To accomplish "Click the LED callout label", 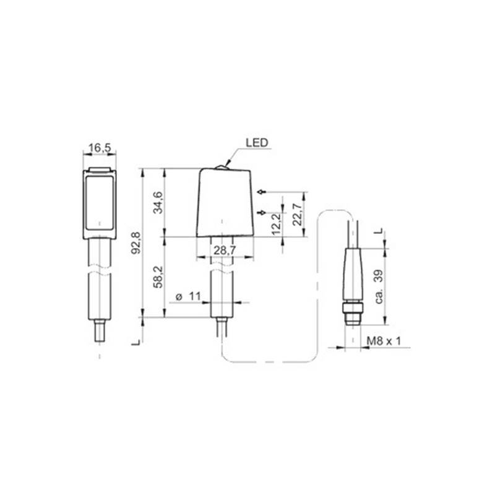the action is point(257,143).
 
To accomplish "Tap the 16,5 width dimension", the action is point(100,148).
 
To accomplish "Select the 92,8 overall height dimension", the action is point(136,243).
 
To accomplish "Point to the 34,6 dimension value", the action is point(158,202).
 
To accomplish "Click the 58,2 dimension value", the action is point(158,277).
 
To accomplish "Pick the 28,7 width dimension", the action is point(225,251).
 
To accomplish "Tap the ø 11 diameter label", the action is point(188,296).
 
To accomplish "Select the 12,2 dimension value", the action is point(276,224).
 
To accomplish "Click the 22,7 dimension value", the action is point(297,214).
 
